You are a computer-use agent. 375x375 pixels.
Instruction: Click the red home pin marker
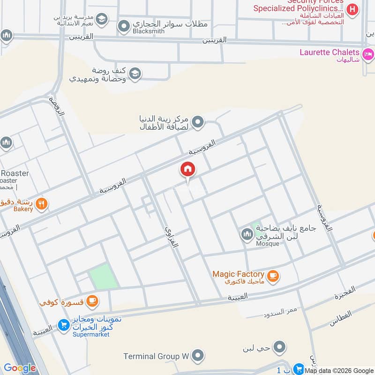[x=187, y=170]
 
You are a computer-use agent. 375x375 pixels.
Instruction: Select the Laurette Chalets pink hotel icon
[x=368, y=52]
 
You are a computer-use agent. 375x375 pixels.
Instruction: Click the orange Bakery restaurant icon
[x=42, y=203]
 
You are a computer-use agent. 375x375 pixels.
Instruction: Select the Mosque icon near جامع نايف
[x=247, y=233]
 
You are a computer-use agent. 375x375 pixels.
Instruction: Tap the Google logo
[x=20, y=368]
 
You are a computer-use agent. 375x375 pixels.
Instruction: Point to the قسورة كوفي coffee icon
[x=92, y=300]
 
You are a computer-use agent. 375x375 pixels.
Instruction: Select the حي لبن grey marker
[x=280, y=347]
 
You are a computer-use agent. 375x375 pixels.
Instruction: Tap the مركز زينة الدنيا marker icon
[x=198, y=122]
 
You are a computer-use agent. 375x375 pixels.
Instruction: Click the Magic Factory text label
[x=238, y=274]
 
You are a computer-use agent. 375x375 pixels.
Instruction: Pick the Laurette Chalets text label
[x=330, y=52]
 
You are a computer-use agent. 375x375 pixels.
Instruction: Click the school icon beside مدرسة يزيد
[x=102, y=20]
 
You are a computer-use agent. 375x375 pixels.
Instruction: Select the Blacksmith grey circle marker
[x=124, y=27]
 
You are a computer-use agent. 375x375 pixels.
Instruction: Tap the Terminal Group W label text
[x=156, y=356]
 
